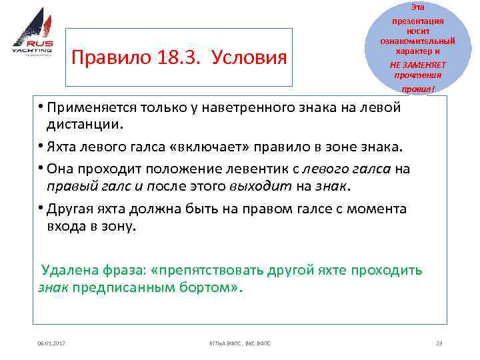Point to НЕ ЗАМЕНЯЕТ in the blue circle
[x=418, y=65]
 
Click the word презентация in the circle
[x=418, y=21]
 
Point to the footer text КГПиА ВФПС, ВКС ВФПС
[x=236, y=343]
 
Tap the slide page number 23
[x=439, y=343]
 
